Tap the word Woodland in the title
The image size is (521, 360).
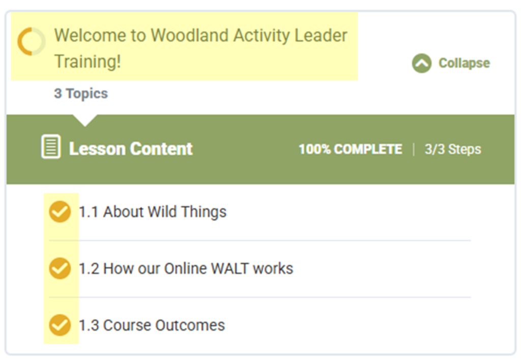point(190,35)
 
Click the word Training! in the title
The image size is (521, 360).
point(88,62)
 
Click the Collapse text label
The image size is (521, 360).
point(464,63)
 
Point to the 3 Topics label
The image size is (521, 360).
point(81,93)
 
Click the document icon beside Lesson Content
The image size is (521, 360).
point(51,147)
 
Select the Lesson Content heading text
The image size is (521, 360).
point(131,149)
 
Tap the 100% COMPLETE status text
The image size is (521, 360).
point(351,149)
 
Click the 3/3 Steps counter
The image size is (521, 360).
point(453,149)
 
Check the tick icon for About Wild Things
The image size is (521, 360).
point(60,211)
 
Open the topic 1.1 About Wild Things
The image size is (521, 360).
point(153,212)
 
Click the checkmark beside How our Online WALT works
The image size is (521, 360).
point(60,268)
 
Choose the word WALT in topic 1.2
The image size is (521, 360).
point(229,268)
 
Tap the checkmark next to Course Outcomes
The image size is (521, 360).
point(60,325)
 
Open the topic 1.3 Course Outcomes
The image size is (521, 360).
point(152,325)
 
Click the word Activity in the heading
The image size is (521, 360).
point(262,36)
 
